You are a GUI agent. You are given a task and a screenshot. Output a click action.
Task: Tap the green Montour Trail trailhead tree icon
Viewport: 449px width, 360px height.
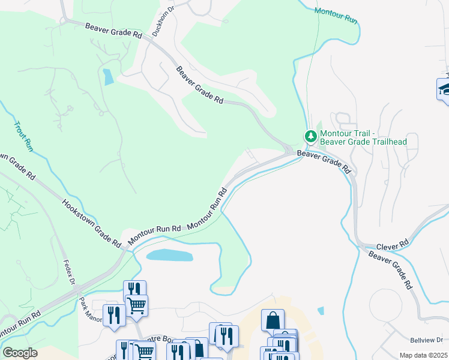click(311, 136)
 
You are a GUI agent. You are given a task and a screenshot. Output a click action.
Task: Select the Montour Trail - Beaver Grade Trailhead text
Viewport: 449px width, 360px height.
click(363, 137)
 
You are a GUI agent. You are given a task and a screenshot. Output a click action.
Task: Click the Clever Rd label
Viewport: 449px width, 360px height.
click(393, 245)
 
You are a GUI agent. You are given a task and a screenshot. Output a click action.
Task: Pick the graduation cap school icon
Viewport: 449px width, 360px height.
click(444, 89)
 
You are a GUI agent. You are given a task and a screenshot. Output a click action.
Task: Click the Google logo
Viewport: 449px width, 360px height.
click(19, 353)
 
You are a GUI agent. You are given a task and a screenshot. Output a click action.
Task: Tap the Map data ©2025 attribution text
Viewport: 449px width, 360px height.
click(423, 355)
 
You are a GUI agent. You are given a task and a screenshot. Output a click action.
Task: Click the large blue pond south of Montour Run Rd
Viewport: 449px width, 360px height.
click(170, 256)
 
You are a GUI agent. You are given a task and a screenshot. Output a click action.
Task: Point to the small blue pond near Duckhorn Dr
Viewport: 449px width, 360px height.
click(107, 77)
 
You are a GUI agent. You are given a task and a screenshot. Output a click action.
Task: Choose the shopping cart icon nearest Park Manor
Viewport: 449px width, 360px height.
click(137, 305)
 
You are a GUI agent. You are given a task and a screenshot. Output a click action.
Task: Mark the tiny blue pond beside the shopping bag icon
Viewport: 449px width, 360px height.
click(321, 311)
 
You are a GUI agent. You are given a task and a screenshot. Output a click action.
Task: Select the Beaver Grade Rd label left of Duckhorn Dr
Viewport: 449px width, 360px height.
click(113, 31)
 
